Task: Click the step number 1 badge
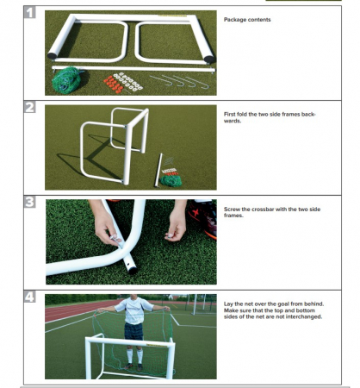point(29,12)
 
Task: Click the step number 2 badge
point(29,107)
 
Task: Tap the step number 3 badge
point(29,202)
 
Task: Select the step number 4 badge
point(29,297)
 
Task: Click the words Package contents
point(247,20)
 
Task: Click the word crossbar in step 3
point(263,210)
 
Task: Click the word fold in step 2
point(242,114)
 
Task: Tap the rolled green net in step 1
point(67,79)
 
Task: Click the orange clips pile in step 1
point(114,84)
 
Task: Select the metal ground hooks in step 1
point(179,81)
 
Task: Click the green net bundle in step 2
point(171,180)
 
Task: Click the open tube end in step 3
point(133,270)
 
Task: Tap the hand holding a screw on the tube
point(107,227)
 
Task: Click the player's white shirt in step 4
point(133,310)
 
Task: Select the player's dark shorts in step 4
point(133,331)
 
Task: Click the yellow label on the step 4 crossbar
point(157,345)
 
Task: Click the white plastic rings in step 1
point(128,80)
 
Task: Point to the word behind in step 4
point(315,304)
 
